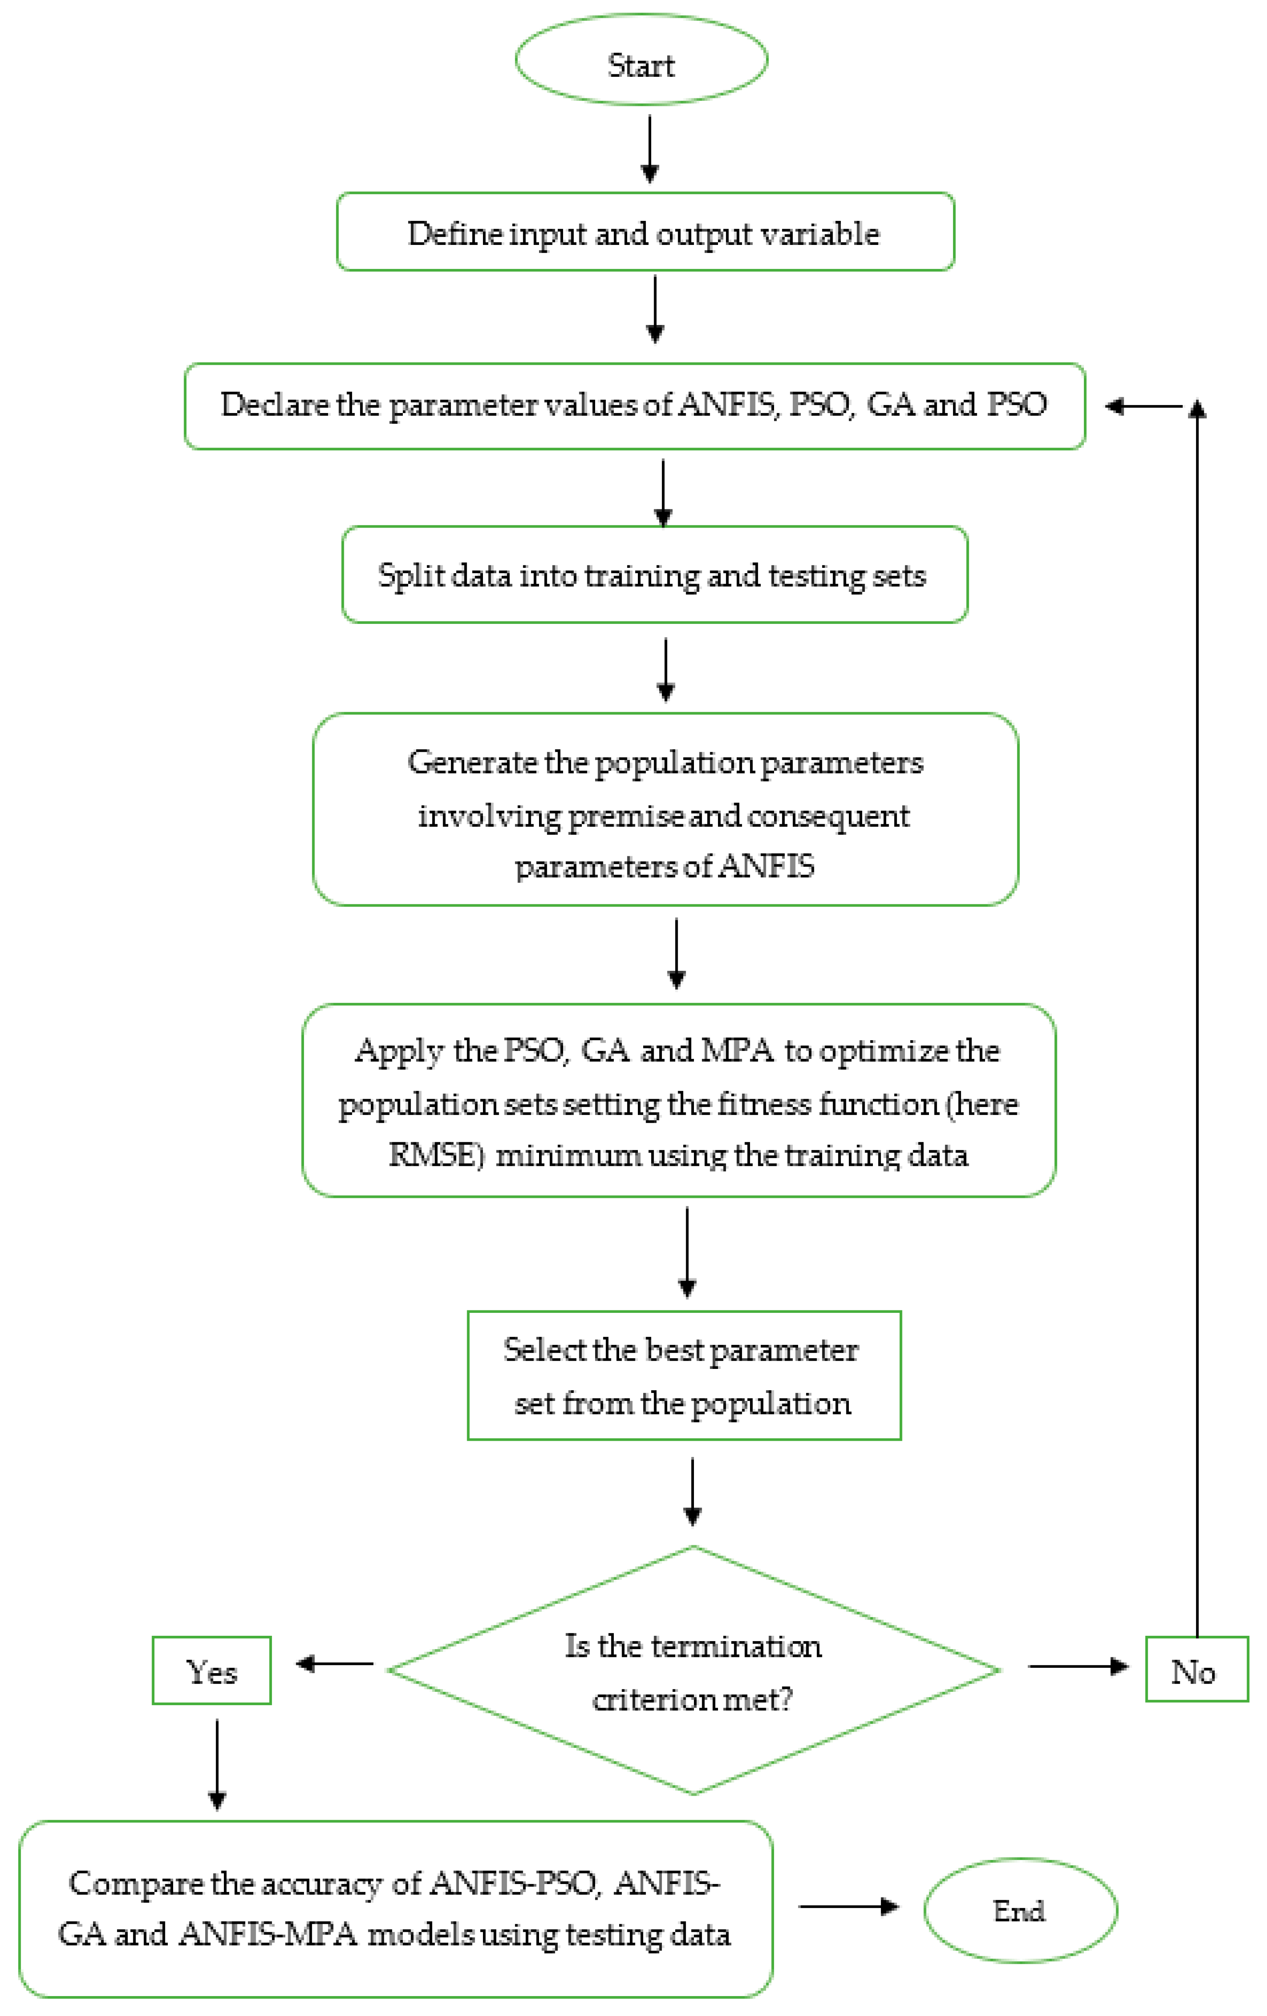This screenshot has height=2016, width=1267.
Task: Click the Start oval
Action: point(641,60)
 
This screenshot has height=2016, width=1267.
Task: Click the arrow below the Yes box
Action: point(217,1764)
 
